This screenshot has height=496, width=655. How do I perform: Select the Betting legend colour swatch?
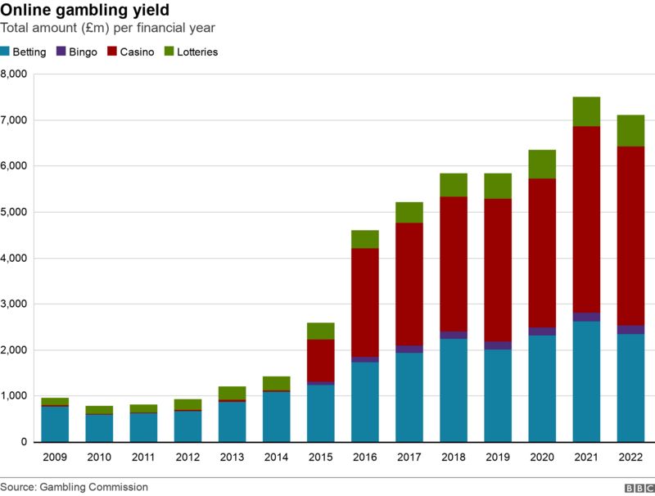point(5,52)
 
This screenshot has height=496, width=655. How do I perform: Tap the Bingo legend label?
point(83,52)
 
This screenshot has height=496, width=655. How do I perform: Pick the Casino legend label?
point(138,52)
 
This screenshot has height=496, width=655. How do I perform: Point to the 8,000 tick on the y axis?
point(14,74)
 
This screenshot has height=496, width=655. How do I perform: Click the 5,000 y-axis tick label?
point(14,212)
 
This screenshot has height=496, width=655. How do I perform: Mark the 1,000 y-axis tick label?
point(14,396)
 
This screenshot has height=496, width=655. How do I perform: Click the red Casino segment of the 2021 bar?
point(586,219)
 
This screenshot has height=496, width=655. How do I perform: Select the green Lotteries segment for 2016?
point(364,239)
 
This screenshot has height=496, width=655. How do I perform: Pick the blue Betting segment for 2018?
point(454,390)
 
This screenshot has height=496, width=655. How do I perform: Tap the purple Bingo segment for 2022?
point(630,330)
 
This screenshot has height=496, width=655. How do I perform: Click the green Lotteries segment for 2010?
point(99,410)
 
